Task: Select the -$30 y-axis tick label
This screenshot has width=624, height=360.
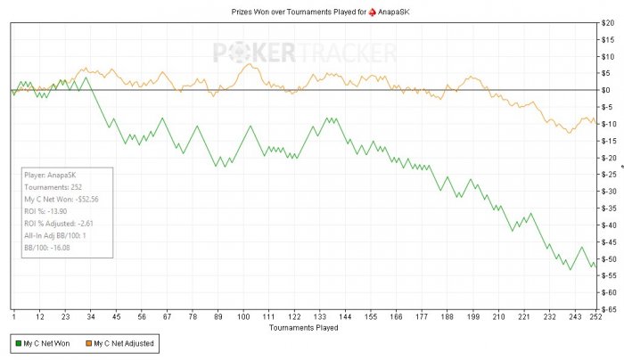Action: [608, 191]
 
